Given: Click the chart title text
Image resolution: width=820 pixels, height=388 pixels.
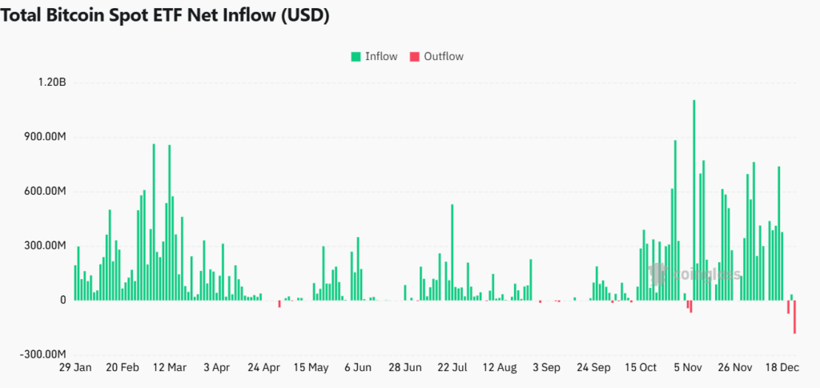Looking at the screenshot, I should pos(165,16).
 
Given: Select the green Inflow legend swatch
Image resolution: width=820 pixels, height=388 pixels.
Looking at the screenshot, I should pos(355,56).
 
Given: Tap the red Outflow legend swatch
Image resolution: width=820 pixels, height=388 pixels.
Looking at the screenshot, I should pos(414,56).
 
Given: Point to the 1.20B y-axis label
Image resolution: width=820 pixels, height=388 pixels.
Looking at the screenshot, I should pos(50,83).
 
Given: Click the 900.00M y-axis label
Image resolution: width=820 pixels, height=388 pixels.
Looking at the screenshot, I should pos(45,137).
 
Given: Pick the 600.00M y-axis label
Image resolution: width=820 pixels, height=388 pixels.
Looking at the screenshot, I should pos(45,192).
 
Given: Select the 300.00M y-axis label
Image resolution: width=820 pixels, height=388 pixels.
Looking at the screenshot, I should pos(45,245).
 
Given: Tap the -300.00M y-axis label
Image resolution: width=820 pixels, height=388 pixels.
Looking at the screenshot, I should pos(43,354).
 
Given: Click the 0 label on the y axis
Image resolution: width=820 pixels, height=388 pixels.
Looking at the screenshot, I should pos(62,300).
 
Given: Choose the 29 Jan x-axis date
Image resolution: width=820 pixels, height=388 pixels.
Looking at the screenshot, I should pos(75,368).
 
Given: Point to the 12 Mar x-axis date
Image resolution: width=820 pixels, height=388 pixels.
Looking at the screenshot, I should pos(169,368).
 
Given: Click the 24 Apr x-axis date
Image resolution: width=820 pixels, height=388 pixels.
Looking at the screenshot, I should pos(263,368).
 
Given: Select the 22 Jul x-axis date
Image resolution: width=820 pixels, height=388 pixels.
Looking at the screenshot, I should pos(452,368).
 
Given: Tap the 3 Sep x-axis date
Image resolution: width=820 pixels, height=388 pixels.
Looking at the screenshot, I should pos(546,368).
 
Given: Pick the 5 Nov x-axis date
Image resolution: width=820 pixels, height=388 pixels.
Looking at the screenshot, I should pos(688,368).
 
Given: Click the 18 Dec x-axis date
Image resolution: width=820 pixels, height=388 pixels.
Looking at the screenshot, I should pos(782,368).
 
